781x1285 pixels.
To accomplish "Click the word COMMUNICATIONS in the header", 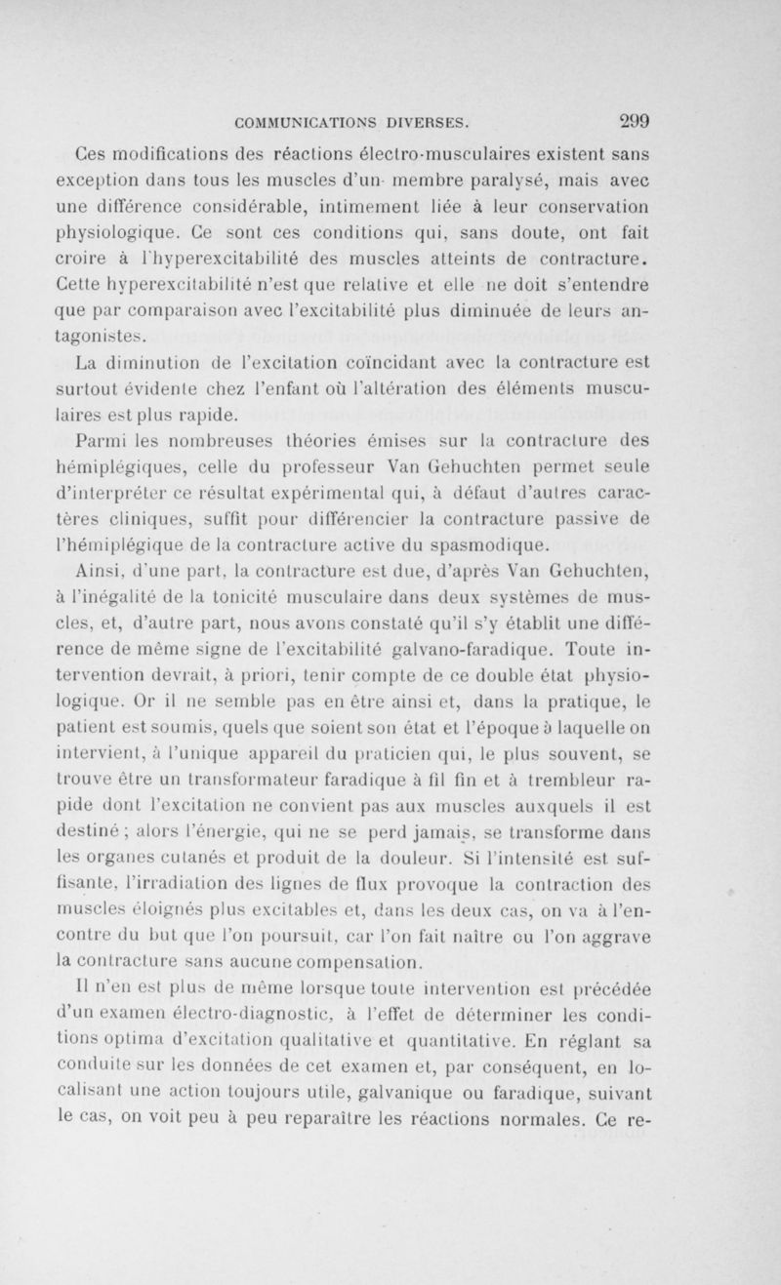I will (x=306, y=123).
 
